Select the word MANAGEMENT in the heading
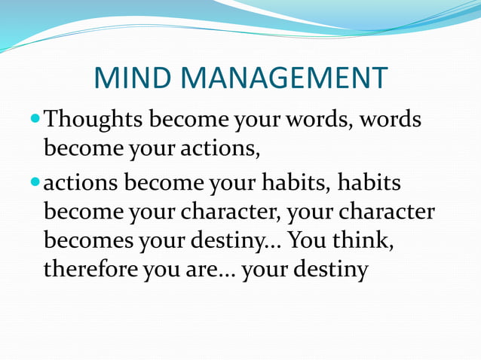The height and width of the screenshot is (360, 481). click(288, 78)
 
